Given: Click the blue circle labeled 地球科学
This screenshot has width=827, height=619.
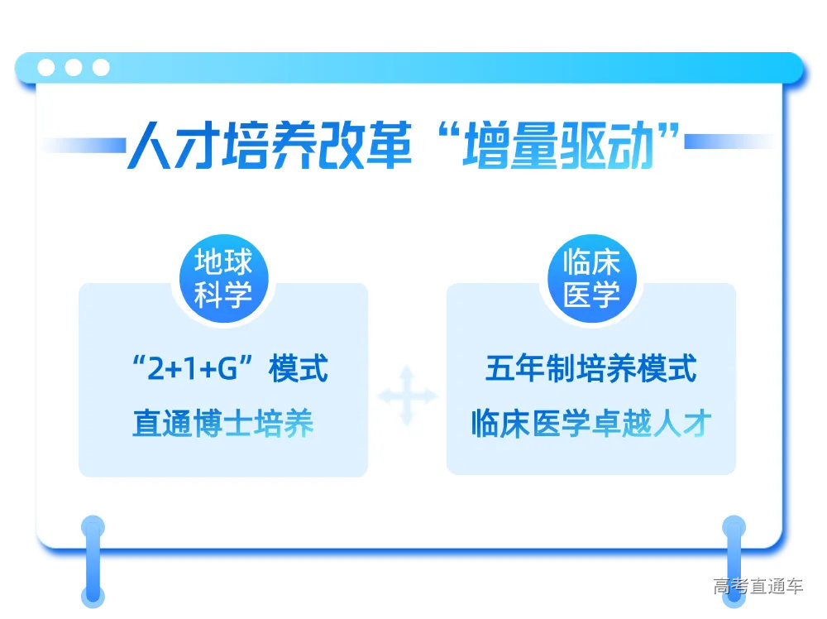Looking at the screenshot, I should (x=223, y=278).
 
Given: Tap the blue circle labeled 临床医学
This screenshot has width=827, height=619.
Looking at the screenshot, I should (x=591, y=278).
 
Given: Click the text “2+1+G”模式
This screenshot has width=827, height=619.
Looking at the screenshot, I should (x=229, y=369).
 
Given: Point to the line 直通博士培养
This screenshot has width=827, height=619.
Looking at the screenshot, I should (x=223, y=424).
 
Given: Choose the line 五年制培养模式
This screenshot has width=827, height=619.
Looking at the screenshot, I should (x=590, y=369).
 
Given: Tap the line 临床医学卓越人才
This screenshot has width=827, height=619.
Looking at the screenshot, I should (x=590, y=424).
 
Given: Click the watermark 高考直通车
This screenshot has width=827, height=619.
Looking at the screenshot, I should (x=758, y=587).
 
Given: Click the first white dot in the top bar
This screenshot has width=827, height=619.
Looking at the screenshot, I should (x=47, y=68).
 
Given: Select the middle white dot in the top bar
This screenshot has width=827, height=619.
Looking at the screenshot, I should (x=74, y=68).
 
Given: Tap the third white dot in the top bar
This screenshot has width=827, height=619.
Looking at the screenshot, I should (x=101, y=68).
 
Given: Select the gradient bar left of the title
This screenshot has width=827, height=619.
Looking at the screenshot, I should (x=83, y=146).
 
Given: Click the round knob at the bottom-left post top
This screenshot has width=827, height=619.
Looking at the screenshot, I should (x=93, y=527).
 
